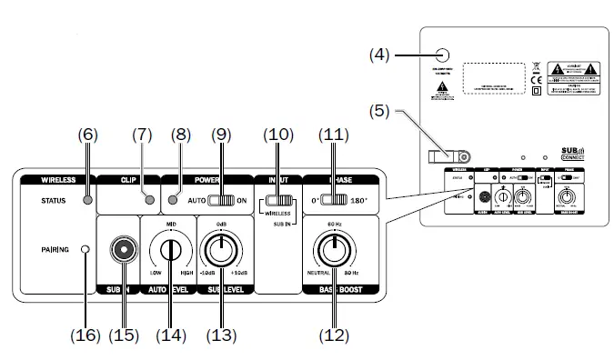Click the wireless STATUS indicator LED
coord(87,199)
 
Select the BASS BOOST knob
coord(334,250)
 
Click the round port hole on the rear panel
coord(440,55)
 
